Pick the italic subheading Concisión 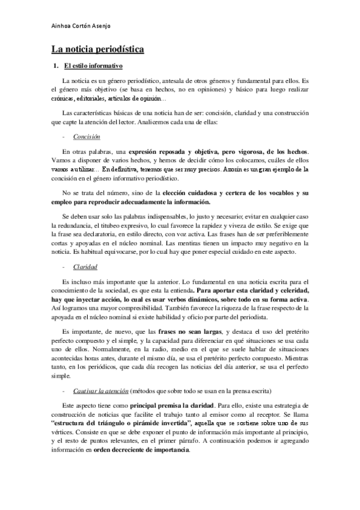pos(86,137)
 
